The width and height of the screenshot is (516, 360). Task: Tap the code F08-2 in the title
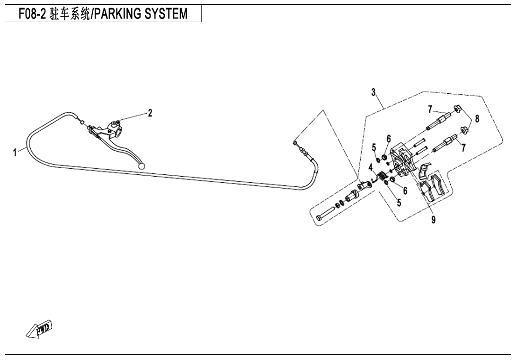click(32, 14)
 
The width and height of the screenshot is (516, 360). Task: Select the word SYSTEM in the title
click(167, 14)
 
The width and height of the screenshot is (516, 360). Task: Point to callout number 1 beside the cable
click(15, 152)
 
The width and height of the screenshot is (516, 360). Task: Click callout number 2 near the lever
click(150, 113)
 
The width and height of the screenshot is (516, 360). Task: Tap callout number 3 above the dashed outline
click(374, 91)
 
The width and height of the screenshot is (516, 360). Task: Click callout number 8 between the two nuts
click(477, 119)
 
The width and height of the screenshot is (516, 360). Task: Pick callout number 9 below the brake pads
click(434, 219)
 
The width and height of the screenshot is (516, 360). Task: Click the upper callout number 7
click(430, 109)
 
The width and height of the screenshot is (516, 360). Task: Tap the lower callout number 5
click(399, 203)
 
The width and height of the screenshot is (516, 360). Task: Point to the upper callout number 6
click(389, 138)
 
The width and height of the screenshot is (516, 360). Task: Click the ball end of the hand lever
click(141, 166)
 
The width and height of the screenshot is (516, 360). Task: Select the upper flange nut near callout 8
click(458, 109)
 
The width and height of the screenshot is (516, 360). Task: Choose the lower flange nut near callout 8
click(464, 128)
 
